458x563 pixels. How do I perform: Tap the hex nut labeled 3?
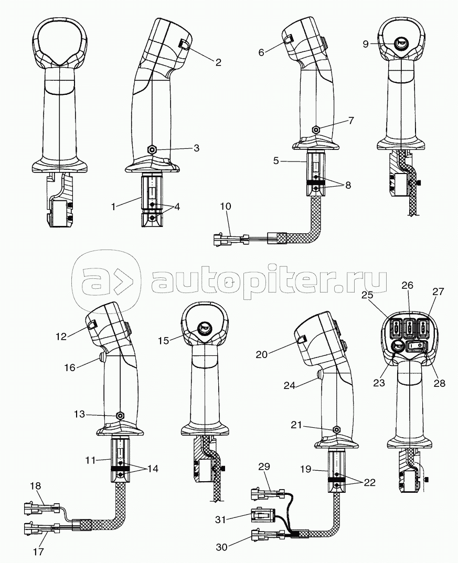tap(152, 149)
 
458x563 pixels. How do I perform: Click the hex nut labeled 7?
tap(316, 129)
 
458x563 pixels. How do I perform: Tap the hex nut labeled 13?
tap(121, 415)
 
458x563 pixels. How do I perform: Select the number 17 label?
tap(38, 551)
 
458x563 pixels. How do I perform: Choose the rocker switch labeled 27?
tap(425, 329)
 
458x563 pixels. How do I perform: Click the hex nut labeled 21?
tap(334, 429)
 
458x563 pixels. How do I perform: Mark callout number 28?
tap(439, 383)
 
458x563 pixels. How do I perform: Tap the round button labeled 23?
tap(398, 346)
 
